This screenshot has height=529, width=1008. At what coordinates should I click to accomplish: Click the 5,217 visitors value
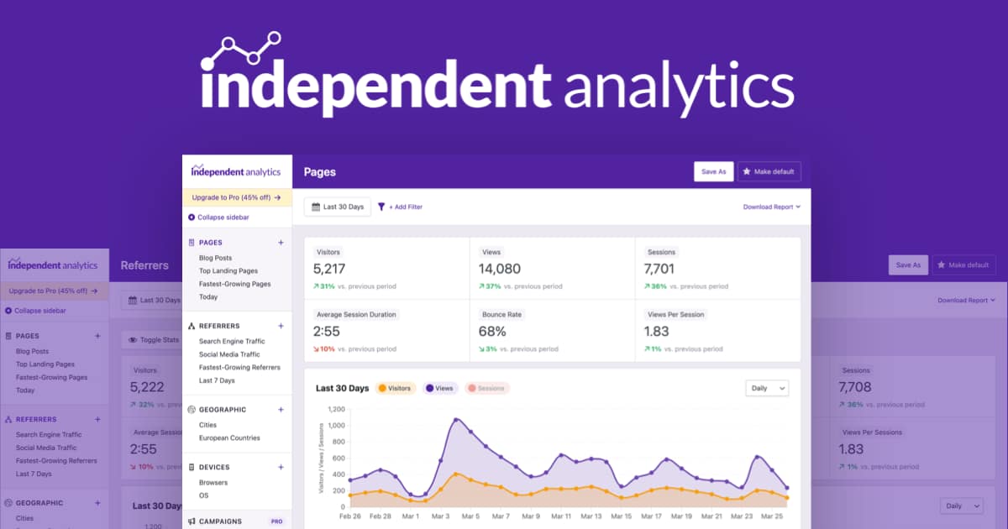point(328,269)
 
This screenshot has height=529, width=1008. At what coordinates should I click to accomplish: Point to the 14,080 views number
point(499,269)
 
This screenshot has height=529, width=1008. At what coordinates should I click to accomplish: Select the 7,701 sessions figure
point(664,269)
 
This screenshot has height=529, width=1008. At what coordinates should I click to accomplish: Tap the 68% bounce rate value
point(492,332)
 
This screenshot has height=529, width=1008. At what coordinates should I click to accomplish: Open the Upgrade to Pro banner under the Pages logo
point(236,197)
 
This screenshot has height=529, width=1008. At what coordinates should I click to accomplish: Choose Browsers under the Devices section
point(213,483)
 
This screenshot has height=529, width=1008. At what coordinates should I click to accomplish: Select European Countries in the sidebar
point(229,437)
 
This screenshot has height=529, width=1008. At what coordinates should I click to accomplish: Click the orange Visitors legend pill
point(395,388)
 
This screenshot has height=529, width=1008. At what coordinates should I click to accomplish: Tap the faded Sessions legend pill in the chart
point(488,388)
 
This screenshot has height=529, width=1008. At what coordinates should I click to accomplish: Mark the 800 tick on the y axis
point(336,442)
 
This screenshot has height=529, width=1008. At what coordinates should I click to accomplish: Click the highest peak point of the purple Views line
point(456,419)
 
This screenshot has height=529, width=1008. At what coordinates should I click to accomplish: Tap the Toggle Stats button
point(153,340)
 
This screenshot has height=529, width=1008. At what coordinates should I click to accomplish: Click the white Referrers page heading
point(144,265)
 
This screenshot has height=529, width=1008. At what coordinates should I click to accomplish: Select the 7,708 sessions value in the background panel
point(854,387)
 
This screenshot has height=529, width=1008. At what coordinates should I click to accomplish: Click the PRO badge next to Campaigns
point(276,521)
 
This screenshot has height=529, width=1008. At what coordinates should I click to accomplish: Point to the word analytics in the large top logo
point(679,84)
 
